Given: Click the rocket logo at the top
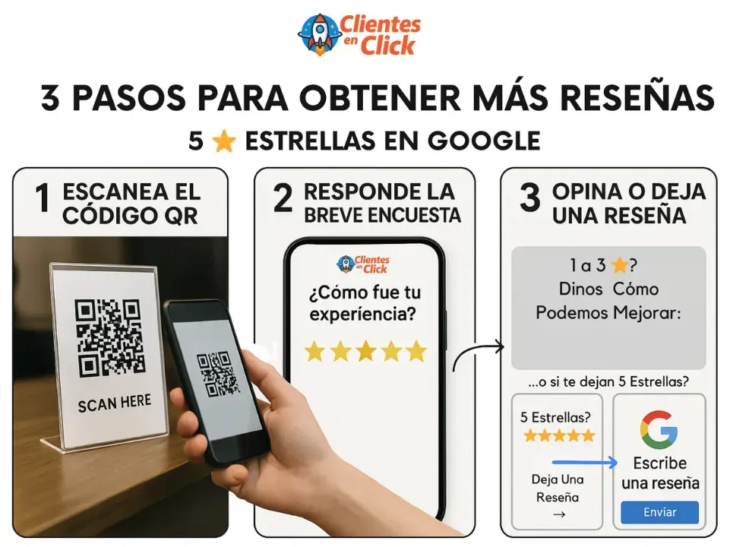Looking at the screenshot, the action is (319, 34).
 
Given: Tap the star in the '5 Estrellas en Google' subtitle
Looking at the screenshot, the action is (224, 141).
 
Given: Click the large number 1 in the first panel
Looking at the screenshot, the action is (43, 198).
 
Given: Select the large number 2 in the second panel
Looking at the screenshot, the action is (283, 198).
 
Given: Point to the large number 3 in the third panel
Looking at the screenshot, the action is (529, 198).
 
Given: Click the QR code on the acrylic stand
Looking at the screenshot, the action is (110, 337).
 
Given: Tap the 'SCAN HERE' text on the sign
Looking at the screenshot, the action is (115, 403).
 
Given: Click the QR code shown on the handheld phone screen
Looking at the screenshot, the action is (217, 374).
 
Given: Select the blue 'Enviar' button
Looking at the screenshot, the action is (659, 512).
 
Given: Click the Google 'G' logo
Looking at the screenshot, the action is (659, 429).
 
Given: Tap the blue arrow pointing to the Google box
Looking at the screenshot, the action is (585, 462).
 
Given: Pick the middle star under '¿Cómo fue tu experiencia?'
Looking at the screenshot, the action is (366, 351).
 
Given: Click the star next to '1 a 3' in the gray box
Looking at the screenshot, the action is (619, 265).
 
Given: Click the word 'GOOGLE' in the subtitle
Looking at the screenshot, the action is (484, 141).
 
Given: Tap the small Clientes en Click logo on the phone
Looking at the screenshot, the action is (363, 264).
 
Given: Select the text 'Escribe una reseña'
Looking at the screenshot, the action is (660, 473).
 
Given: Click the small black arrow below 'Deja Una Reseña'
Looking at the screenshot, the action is (559, 514).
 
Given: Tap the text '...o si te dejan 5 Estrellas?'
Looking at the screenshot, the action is (608, 382).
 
